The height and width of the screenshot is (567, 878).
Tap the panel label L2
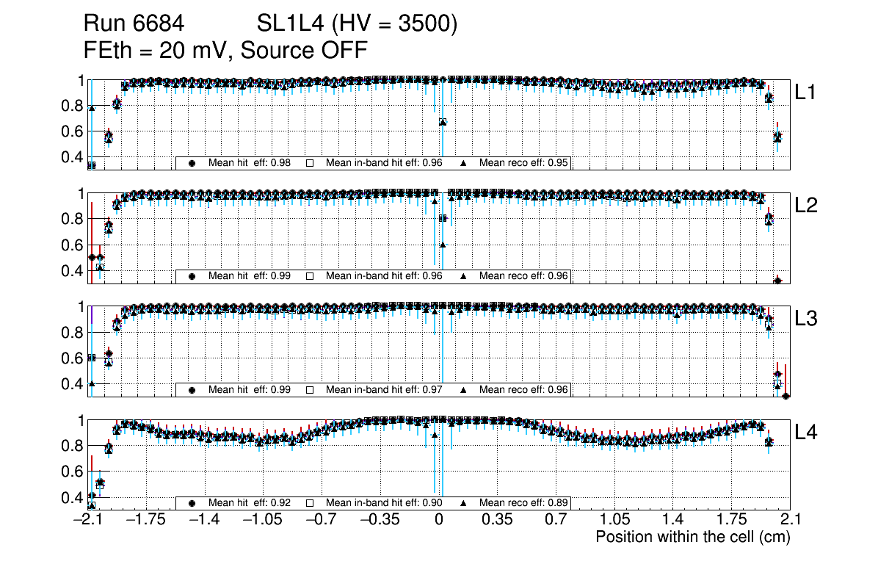807,206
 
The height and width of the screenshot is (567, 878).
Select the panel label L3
807,319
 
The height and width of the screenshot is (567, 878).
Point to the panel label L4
807,433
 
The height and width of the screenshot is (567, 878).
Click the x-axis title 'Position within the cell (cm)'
692,537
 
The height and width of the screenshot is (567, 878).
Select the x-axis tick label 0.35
497,520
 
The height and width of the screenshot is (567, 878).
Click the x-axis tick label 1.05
614,520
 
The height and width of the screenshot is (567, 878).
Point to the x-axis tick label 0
439,520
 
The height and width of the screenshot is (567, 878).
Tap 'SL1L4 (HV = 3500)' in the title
358,24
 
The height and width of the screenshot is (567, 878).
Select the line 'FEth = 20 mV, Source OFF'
225,50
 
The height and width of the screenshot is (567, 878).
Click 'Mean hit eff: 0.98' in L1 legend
250,163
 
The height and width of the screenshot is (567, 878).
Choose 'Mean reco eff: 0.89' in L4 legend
524,503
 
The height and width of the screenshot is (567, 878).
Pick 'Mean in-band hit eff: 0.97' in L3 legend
383,389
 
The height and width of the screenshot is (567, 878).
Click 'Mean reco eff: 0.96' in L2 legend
524,276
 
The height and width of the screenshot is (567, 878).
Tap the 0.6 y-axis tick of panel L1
72,131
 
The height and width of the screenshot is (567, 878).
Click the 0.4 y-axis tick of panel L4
72,497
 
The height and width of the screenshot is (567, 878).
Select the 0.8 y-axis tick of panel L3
72,333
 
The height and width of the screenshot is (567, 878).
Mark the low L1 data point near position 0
443,122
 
